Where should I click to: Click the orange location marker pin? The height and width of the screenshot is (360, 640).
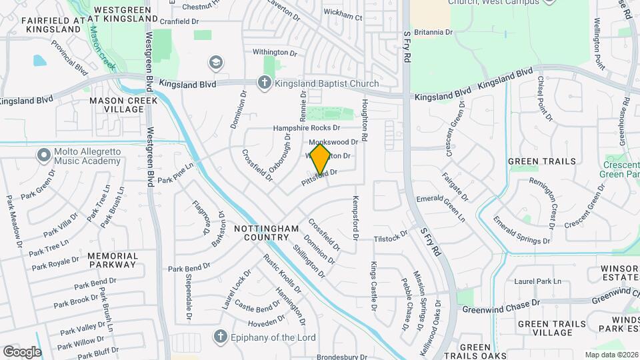click(321, 158)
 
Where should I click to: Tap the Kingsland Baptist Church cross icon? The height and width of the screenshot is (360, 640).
click(264, 83)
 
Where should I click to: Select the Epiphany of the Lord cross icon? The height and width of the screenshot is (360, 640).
click(220, 337)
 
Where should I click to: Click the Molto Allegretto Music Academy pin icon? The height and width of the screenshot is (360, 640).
click(44, 155)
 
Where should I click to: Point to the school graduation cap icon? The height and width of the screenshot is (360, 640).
click(215, 63)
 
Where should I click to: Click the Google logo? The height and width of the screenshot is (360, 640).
click(21, 351)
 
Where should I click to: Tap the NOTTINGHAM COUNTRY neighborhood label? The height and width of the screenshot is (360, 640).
click(267, 233)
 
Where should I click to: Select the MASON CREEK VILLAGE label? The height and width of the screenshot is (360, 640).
click(123, 105)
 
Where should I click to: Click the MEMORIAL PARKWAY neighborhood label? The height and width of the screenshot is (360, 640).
click(113, 260)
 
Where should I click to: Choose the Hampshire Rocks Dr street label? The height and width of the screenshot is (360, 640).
click(307, 127)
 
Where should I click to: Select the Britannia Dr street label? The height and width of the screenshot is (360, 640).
click(433, 32)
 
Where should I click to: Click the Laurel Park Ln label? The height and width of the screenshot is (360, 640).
click(538, 281)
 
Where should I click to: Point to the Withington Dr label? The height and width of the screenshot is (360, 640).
click(274, 51)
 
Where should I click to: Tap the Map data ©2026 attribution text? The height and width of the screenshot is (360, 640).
click(611, 355)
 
